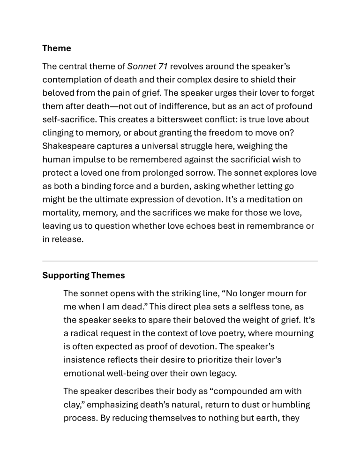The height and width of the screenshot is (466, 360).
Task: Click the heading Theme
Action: [x=57, y=48]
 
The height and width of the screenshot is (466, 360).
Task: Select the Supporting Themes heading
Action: [x=83, y=276]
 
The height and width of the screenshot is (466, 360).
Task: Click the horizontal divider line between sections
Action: [x=180, y=261]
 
